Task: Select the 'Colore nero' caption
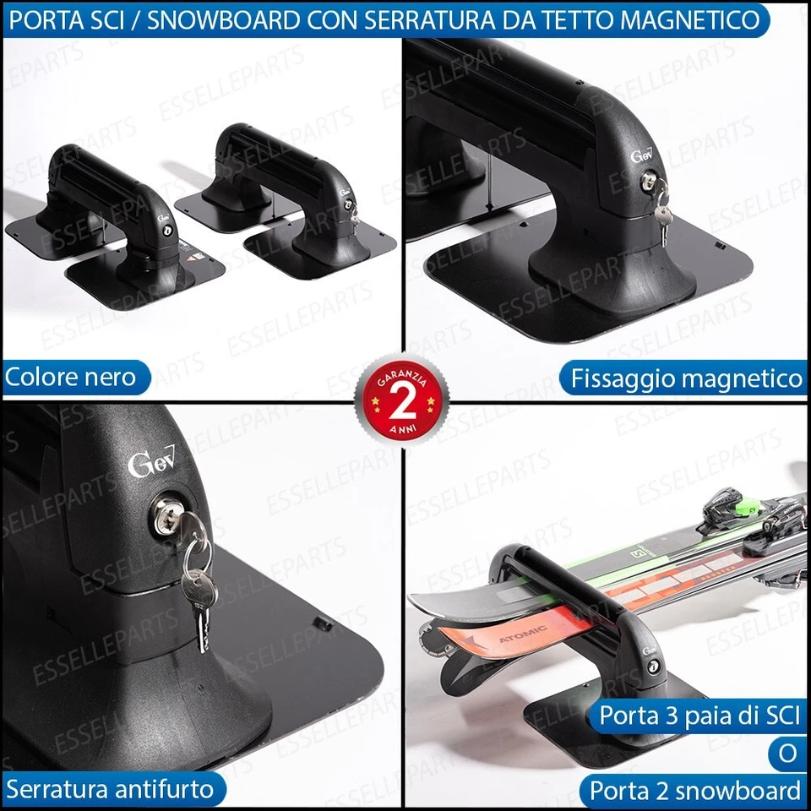(x=71, y=377)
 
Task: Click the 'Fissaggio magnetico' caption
(x=686, y=378)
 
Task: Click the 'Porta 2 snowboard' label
(x=694, y=791)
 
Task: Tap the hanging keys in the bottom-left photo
(x=198, y=591)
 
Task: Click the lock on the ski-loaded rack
(x=654, y=667)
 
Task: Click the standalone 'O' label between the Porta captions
(x=787, y=754)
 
